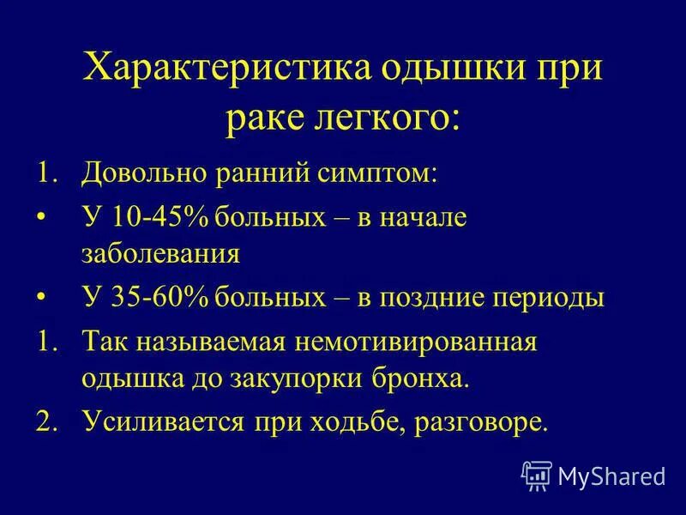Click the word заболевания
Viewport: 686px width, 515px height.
[159, 254]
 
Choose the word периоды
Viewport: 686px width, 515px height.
[551, 298]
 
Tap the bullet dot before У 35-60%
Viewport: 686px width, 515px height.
[44, 298]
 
